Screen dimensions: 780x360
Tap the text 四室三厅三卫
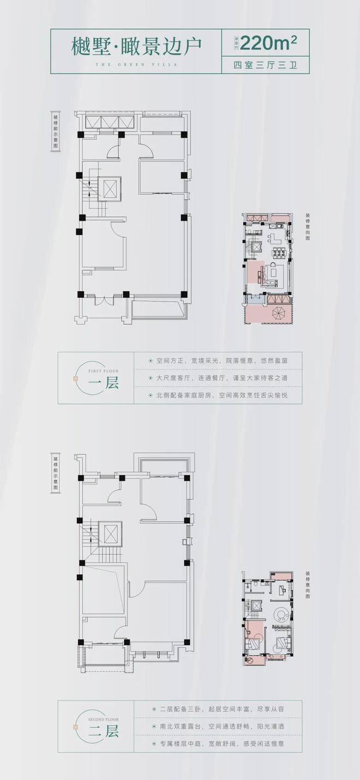pos(267,65)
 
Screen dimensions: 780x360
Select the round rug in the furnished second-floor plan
pos(281,615)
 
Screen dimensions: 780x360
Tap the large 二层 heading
pos(103,731)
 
